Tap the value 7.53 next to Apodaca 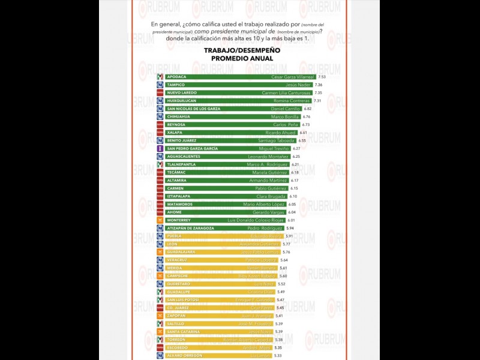[x=322, y=77]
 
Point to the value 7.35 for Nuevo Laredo [x=318, y=93]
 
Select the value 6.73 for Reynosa [x=305, y=124]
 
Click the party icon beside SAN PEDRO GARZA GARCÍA [x=160, y=148]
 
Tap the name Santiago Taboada [x=279, y=140]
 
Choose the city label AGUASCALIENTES [x=185, y=156]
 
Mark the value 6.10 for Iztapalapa [x=293, y=196]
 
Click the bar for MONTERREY [x=228, y=220]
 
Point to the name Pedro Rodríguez [x=265, y=228]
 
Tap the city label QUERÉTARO [x=179, y=284]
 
